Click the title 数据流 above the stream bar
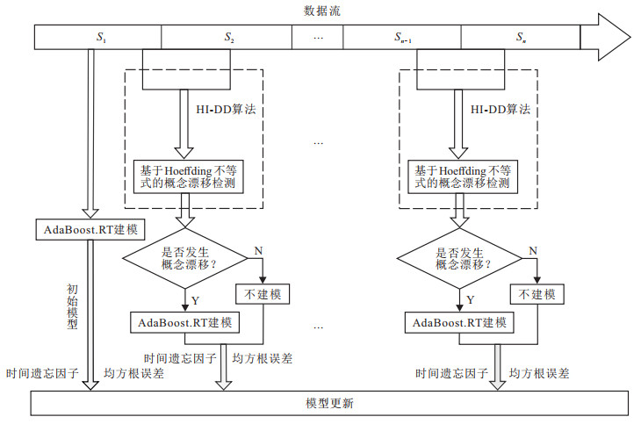(x=321, y=11)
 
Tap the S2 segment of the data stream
(x=227, y=38)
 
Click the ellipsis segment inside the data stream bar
(x=318, y=38)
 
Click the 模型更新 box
(x=330, y=404)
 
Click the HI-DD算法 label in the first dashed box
(x=225, y=111)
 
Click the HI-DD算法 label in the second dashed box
(x=501, y=111)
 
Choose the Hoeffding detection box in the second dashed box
(x=462, y=176)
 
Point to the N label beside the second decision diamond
(x=533, y=251)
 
